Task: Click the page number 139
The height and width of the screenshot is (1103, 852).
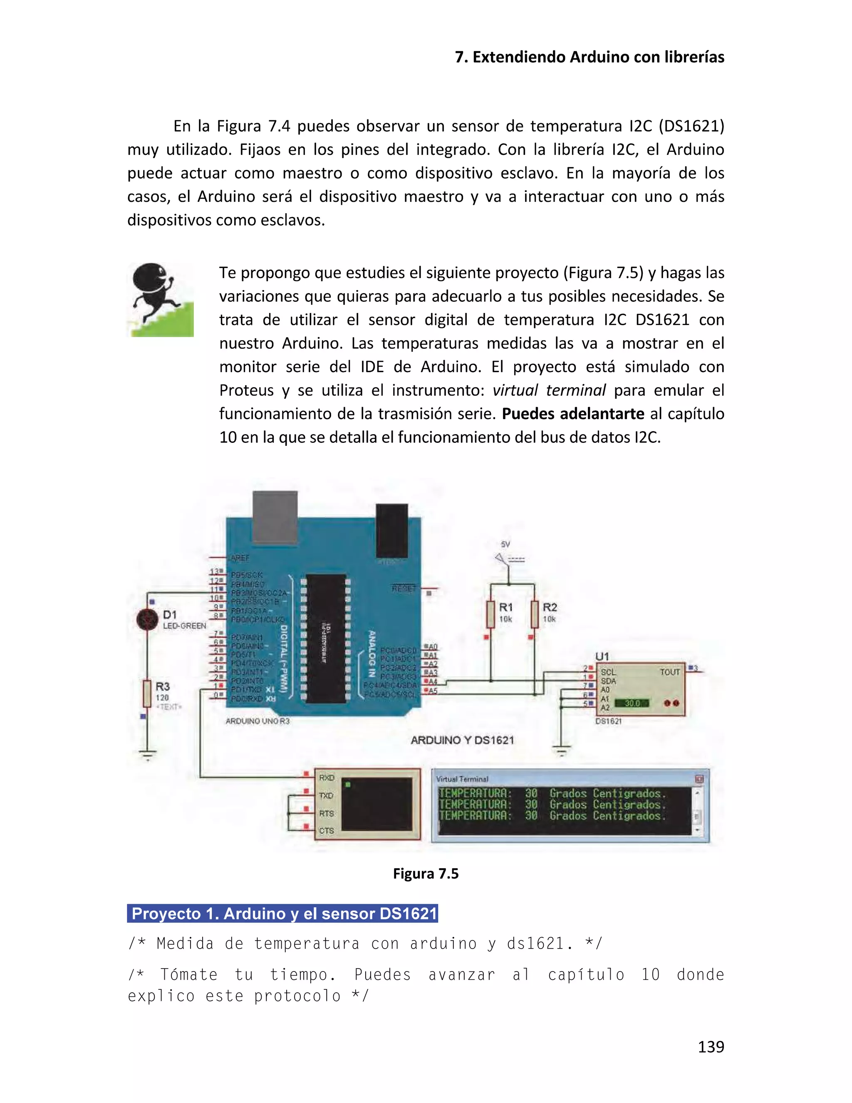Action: (711, 1046)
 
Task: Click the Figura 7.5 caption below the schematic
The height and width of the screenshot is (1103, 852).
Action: (426, 874)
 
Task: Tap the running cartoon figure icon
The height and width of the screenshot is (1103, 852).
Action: (161, 299)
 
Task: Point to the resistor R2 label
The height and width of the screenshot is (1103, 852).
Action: (550, 607)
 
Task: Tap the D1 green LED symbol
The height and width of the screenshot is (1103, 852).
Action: (147, 619)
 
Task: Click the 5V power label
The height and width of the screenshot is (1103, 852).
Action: (505, 544)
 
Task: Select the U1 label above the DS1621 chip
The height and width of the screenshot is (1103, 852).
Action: (602, 656)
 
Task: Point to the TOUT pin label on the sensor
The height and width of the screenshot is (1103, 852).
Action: (669, 672)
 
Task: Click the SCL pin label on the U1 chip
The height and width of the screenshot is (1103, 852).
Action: (608, 672)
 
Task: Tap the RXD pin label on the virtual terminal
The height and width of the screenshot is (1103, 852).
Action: (327, 778)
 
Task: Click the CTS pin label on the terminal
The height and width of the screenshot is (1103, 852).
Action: (326, 831)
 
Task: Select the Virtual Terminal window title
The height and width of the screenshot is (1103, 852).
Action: (462, 779)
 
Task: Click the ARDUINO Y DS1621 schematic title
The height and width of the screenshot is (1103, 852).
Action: (462, 740)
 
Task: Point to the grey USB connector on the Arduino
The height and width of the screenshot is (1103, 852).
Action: (275, 515)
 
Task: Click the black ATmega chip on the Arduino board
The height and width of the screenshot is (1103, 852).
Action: (326, 638)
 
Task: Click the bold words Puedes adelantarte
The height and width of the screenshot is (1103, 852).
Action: (573, 414)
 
